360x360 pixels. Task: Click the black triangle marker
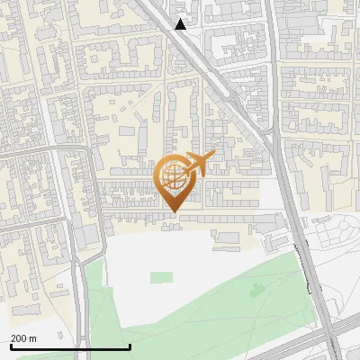pos(181,24)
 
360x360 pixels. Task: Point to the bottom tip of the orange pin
pos(175,211)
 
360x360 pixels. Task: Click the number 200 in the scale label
pos(19,338)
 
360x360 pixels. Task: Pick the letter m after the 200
pos(32,338)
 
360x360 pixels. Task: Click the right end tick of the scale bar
pos(130,346)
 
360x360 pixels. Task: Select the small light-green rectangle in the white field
pos(161,276)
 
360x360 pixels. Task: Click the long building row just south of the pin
pos(216,219)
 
